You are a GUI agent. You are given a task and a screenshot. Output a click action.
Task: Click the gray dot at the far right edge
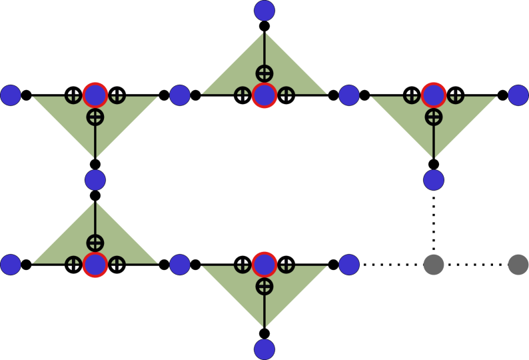[518, 265]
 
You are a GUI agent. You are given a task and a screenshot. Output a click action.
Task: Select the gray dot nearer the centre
[434, 265]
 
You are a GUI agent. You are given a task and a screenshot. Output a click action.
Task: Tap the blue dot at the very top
[264, 11]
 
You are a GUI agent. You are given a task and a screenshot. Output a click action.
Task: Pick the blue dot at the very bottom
[264, 349]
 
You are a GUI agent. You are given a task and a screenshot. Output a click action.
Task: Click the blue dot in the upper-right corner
[518, 95]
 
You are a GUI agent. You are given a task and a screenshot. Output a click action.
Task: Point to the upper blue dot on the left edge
[11, 95]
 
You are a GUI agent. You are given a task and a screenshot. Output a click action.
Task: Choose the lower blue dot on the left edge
[11, 265]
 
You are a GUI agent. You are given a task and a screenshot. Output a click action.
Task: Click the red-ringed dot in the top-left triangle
[95, 95]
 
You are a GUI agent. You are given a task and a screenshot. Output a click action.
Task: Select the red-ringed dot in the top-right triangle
[434, 95]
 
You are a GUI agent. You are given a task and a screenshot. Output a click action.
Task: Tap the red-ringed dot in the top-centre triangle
[264, 95]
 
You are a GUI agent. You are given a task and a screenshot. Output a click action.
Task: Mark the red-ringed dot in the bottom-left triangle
[95, 265]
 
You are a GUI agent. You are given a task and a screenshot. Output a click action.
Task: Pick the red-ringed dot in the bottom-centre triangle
[264, 265]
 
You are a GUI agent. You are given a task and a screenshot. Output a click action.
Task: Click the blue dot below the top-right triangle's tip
[434, 180]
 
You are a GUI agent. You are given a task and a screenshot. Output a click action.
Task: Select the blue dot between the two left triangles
[95, 180]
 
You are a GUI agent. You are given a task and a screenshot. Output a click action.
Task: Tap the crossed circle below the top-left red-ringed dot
[95, 117]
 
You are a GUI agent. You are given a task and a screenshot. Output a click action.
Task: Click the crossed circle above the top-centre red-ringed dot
[264, 73]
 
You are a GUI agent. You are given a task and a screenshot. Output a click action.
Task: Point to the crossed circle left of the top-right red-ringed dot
[412, 96]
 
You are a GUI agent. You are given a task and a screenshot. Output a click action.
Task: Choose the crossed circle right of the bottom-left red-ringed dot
[117, 264]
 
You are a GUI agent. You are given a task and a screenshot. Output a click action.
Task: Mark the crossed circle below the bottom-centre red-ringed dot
[264, 287]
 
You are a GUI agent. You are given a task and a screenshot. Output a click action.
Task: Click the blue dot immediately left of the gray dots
[349, 265]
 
